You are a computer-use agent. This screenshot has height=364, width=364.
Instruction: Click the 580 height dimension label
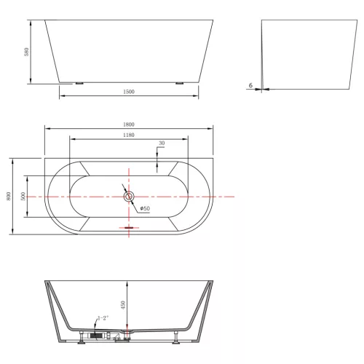[26, 52]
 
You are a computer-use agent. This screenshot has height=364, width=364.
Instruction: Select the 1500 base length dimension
[129, 92]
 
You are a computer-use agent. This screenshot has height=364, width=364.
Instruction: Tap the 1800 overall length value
[129, 124]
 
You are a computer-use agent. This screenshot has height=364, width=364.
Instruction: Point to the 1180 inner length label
[129, 135]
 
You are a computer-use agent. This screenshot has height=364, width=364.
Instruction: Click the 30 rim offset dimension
[162, 143]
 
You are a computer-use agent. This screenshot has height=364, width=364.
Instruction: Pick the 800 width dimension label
[8, 196]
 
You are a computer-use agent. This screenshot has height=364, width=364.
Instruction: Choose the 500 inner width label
[23, 196]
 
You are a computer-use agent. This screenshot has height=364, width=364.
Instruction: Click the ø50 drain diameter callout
[145, 208]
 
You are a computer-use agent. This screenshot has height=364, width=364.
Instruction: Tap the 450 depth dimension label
[123, 305]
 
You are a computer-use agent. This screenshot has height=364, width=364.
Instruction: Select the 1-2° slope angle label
[103, 318]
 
